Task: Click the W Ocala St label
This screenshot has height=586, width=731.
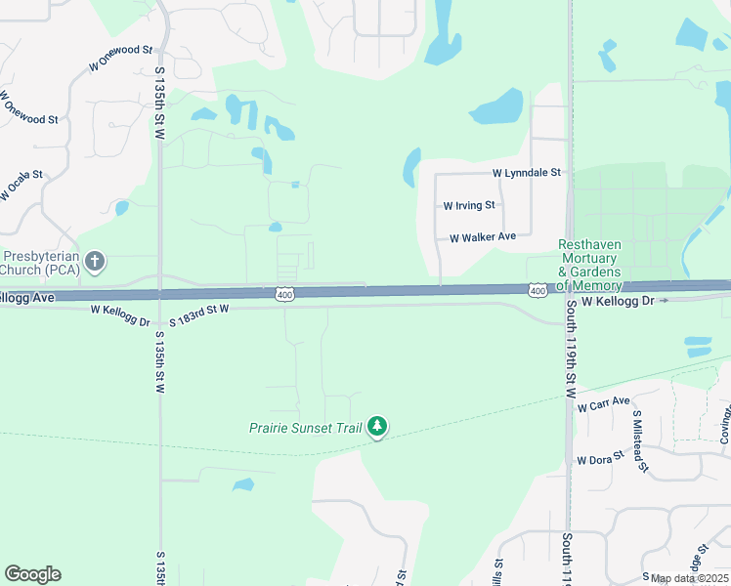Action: [x=22, y=187]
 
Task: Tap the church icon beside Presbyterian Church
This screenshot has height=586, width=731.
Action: [x=94, y=261]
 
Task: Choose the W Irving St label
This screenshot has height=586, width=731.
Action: [x=470, y=206]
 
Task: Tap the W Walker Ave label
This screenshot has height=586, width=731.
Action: [x=482, y=237]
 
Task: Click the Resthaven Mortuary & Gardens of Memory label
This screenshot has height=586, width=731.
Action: [x=589, y=265]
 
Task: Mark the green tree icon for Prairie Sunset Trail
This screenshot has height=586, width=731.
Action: [x=377, y=427]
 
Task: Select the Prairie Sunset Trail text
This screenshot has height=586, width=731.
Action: [x=305, y=428]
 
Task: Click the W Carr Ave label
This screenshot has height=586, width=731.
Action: [x=604, y=403]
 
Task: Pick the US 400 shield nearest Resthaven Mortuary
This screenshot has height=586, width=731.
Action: [x=537, y=291]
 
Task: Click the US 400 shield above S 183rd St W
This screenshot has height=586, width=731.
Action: [x=284, y=294]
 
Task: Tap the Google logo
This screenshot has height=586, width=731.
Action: [x=32, y=574]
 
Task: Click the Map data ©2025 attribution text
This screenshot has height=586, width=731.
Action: [x=688, y=578]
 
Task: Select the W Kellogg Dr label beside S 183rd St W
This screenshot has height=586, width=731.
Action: [x=120, y=310]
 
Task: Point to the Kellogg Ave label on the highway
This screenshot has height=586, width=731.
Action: [x=28, y=296]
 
